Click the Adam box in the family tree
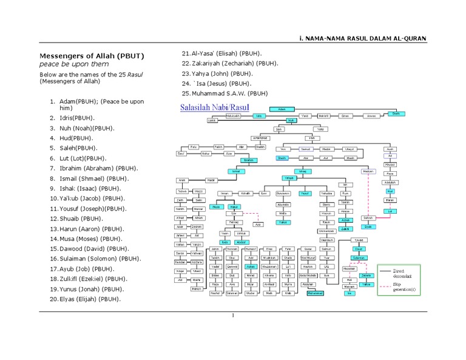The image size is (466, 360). pos(281,109)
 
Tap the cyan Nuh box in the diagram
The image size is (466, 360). pos(291,121)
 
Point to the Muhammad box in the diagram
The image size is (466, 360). pos(316,293)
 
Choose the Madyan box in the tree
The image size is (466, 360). pos(368,172)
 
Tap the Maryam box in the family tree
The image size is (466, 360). pos(349,287)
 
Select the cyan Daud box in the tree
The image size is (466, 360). pos(359,249)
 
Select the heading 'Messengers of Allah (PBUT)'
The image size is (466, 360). pos(92,56)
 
